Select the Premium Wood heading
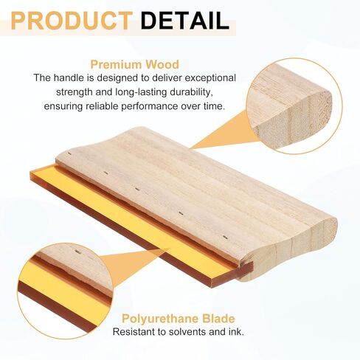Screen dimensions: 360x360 pyautogui.click(x=134, y=65)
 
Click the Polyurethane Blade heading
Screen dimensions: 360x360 pyautogui.click(x=179, y=319)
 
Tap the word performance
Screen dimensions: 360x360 pyautogui.click(x=150, y=106)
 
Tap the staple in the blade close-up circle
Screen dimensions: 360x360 pyautogui.click(x=77, y=252)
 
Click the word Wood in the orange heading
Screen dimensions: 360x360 pyautogui.click(x=162, y=65)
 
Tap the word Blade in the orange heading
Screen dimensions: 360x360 pyautogui.click(x=218, y=319)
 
